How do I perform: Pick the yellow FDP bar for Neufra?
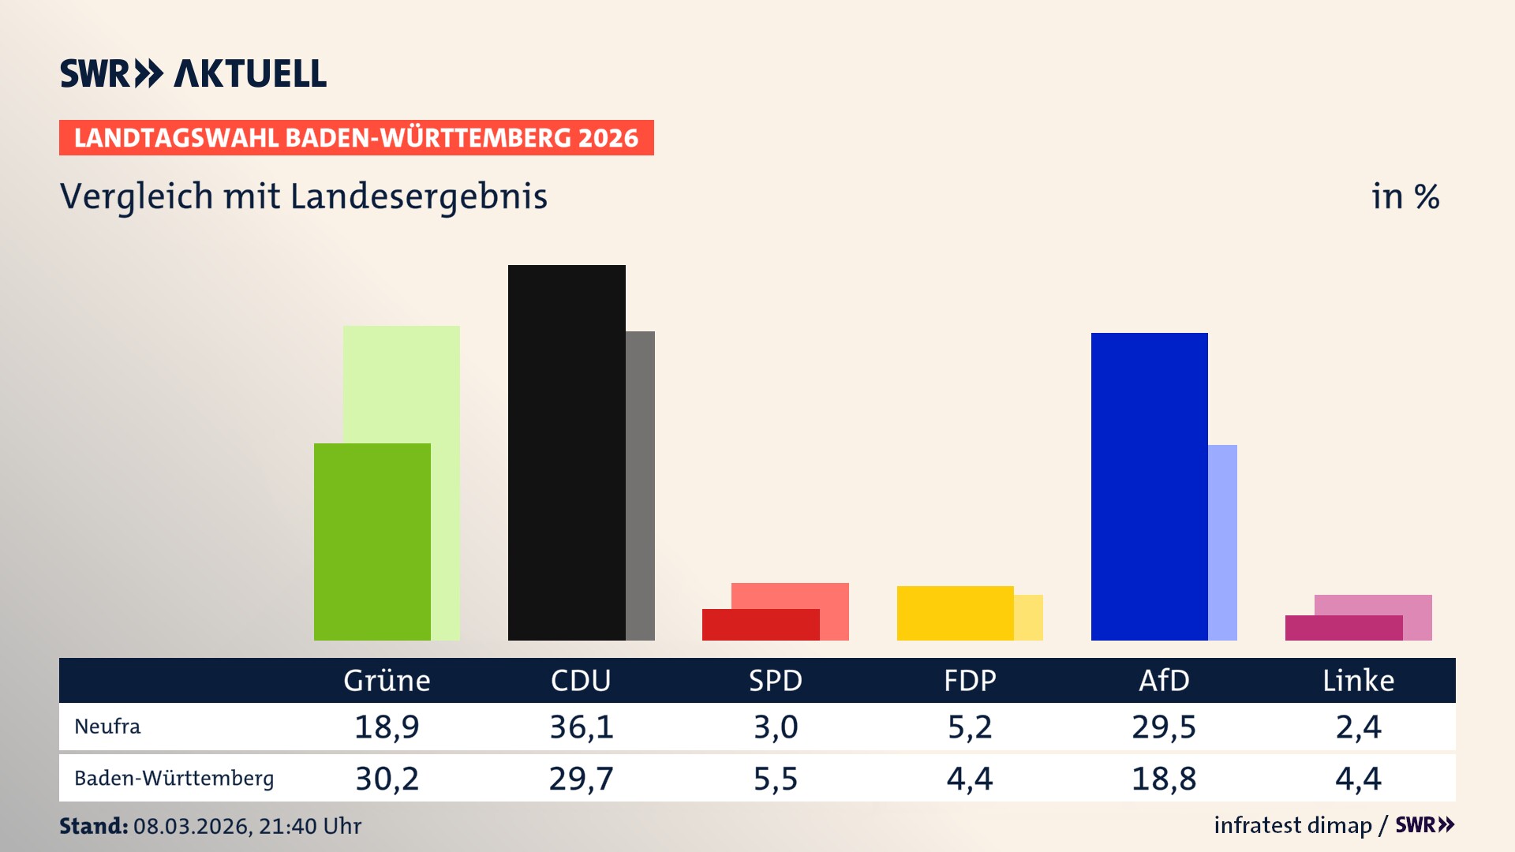955,613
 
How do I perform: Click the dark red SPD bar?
760,625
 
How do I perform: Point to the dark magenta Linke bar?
1343,628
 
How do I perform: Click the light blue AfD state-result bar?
1222,542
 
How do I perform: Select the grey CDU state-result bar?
640,485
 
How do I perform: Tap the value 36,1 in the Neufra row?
582,727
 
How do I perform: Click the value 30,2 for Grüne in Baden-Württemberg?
387,779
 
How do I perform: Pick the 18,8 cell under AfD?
1164,779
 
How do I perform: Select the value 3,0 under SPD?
776,727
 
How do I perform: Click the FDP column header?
970,681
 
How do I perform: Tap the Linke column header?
1358,681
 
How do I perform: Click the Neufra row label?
107,727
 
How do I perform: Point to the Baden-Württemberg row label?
174,779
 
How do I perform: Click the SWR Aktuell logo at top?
193,73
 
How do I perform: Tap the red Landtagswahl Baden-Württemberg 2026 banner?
356,138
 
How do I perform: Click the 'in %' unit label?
1405,196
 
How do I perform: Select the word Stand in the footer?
93,826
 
